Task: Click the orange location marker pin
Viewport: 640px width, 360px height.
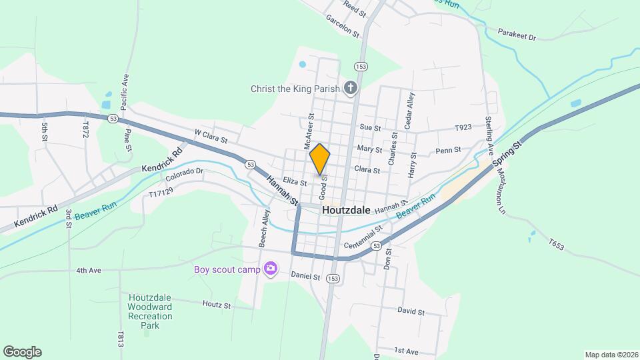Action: point(320,159)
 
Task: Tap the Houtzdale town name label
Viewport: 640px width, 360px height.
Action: point(346,209)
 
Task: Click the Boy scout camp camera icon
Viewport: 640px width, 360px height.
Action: point(271,269)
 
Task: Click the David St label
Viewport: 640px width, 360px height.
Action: point(411,311)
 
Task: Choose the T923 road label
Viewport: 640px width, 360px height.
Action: point(463,127)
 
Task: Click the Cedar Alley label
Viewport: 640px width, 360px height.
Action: point(410,110)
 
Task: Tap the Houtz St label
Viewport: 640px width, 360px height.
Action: point(217,305)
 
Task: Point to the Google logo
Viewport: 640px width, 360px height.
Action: point(22,351)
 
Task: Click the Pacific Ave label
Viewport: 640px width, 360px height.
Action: point(124,93)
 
